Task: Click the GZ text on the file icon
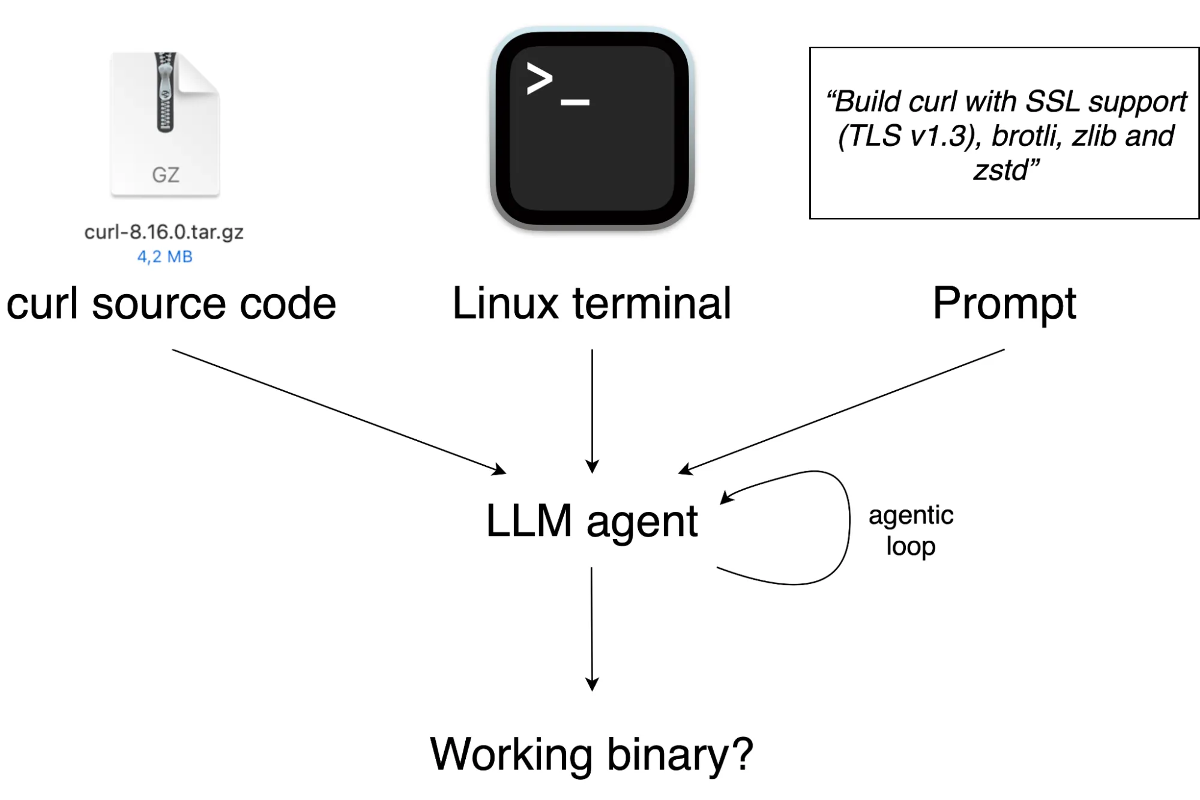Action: click(x=165, y=175)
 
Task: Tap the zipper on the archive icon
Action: click(x=165, y=93)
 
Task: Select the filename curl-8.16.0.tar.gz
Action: click(x=164, y=232)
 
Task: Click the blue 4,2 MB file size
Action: click(x=164, y=257)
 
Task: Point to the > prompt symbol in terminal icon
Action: click(x=538, y=79)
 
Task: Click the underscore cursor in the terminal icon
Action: click(x=574, y=103)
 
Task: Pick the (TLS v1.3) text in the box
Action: click(x=909, y=136)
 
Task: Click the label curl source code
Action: click(x=171, y=304)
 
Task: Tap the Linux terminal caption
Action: click(x=591, y=304)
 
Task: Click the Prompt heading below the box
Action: click(x=1004, y=304)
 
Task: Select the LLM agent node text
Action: click(x=591, y=521)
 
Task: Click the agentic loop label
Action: click(x=910, y=531)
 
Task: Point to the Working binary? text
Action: click(x=591, y=754)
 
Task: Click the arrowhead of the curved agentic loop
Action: click(x=726, y=497)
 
